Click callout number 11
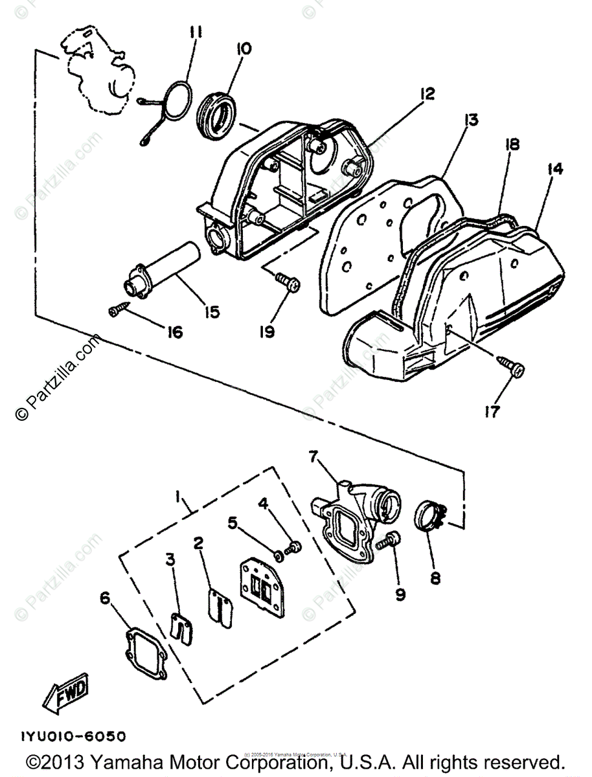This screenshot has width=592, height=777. coord(196,32)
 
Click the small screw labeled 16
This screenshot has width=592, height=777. coord(118,311)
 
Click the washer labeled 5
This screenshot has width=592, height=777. coord(278,554)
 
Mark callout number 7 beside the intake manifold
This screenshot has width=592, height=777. coord(313,457)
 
